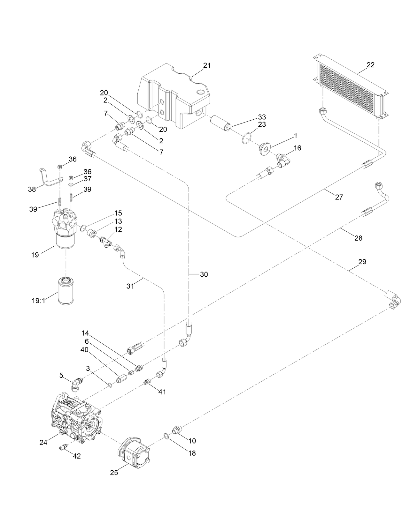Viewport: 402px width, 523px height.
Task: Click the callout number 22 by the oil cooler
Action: coord(370,65)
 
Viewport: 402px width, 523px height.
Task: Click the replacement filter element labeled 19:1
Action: coord(66,291)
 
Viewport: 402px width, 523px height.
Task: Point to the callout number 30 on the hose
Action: coord(204,274)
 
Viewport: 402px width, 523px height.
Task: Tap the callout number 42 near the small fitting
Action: coord(77,456)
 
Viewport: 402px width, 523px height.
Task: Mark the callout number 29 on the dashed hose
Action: coord(362,262)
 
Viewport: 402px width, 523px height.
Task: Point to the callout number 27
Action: coord(339,197)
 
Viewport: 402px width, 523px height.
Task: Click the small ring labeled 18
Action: coord(166,436)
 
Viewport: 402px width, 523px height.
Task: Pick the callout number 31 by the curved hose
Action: coord(130,286)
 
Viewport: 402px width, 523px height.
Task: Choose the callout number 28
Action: coord(359,238)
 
